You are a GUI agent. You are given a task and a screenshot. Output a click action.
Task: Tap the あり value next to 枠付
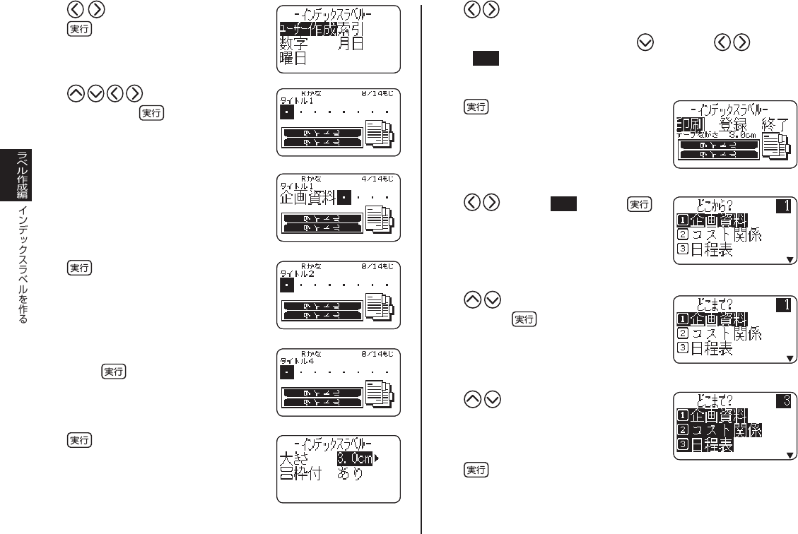click(x=349, y=473)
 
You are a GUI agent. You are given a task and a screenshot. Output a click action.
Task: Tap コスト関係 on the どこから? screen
click(x=727, y=235)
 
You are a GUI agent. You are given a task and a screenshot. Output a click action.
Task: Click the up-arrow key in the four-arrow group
click(x=75, y=94)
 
